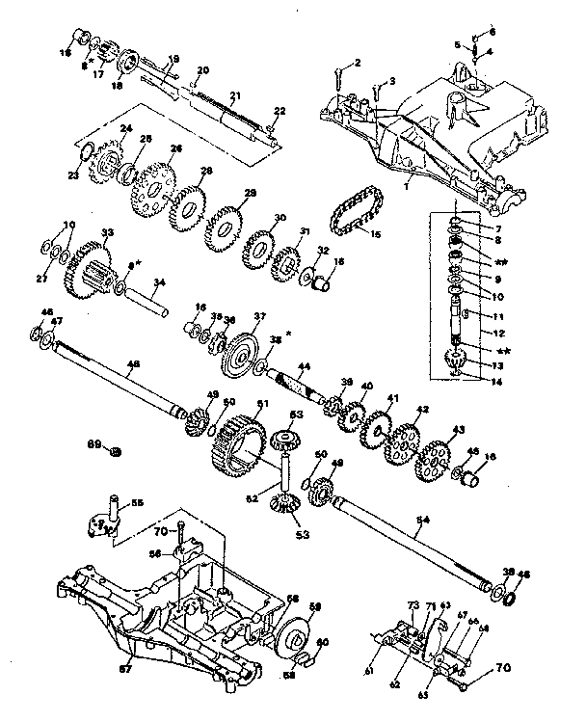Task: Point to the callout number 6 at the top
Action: click(x=491, y=32)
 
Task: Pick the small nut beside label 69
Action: click(x=115, y=450)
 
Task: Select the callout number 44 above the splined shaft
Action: click(x=304, y=367)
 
